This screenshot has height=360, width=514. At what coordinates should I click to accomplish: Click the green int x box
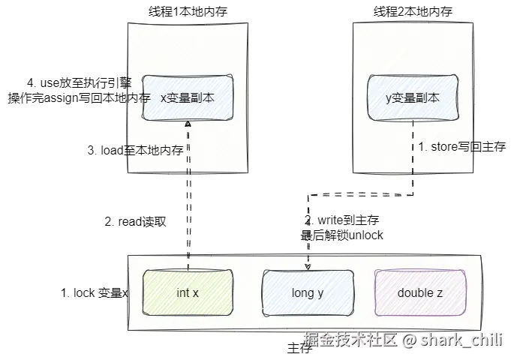pyautogui.click(x=188, y=292)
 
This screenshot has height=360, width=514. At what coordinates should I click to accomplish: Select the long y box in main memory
pyautogui.click(x=308, y=292)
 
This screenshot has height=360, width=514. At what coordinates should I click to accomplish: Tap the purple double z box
pyautogui.click(x=420, y=292)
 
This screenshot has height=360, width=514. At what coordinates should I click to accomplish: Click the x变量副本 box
pyautogui.click(x=188, y=97)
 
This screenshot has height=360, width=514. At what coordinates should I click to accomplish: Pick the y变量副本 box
pyautogui.click(x=413, y=97)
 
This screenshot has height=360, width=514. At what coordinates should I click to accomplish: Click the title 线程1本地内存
pyautogui.click(x=188, y=12)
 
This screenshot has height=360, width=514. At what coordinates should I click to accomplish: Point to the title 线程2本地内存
pyautogui.click(x=413, y=12)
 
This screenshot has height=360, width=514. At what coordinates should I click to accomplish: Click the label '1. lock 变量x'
pyautogui.click(x=94, y=292)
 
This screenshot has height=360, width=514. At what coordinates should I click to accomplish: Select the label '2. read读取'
pyautogui.click(x=135, y=222)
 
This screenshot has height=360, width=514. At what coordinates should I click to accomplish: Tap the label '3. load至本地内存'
pyautogui.click(x=135, y=150)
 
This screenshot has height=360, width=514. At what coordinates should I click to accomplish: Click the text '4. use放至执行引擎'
pyautogui.click(x=80, y=83)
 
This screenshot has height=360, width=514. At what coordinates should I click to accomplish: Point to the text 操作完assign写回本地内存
pyautogui.click(x=80, y=97)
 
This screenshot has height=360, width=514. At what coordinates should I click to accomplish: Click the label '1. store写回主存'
pyautogui.click(x=462, y=146)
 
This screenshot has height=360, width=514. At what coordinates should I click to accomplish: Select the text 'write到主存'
pyautogui.click(x=348, y=220)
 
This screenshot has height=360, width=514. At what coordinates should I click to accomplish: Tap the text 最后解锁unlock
pyautogui.click(x=342, y=235)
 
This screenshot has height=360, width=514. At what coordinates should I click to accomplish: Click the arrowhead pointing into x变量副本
pyautogui.click(x=188, y=124)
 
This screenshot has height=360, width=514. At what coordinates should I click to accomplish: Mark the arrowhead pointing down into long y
pyautogui.click(x=308, y=267)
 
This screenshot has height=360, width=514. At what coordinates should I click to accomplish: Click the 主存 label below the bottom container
pyautogui.click(x=299, y=348)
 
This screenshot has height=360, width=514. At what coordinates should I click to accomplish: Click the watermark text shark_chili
pyautogui.click(x=461, y=340)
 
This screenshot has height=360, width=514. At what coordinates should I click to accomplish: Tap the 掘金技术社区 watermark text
pyautogui.click(x=350, y=339)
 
